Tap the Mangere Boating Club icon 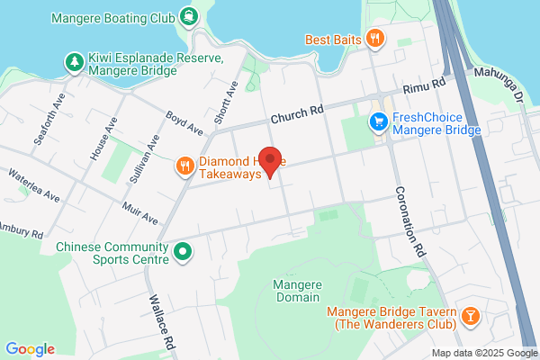point(189,15)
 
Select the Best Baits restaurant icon point(376,38)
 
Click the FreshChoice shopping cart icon point(380,122)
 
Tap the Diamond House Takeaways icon point(184,165)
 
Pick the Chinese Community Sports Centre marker point(184,251)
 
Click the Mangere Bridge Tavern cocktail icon point(470,317)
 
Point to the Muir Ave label point(139,213)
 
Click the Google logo point(30,349)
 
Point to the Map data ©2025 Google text point(483,353)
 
